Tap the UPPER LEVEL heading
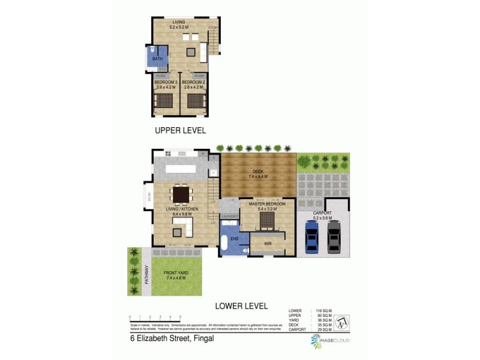pos(180,130)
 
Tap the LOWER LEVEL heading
pos(241,306)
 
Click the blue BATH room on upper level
pos(157,59)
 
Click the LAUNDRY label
pos(229,217)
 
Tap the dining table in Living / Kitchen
pos(180,194)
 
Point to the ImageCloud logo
pos(329,341)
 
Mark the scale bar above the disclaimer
pos(155,318)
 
